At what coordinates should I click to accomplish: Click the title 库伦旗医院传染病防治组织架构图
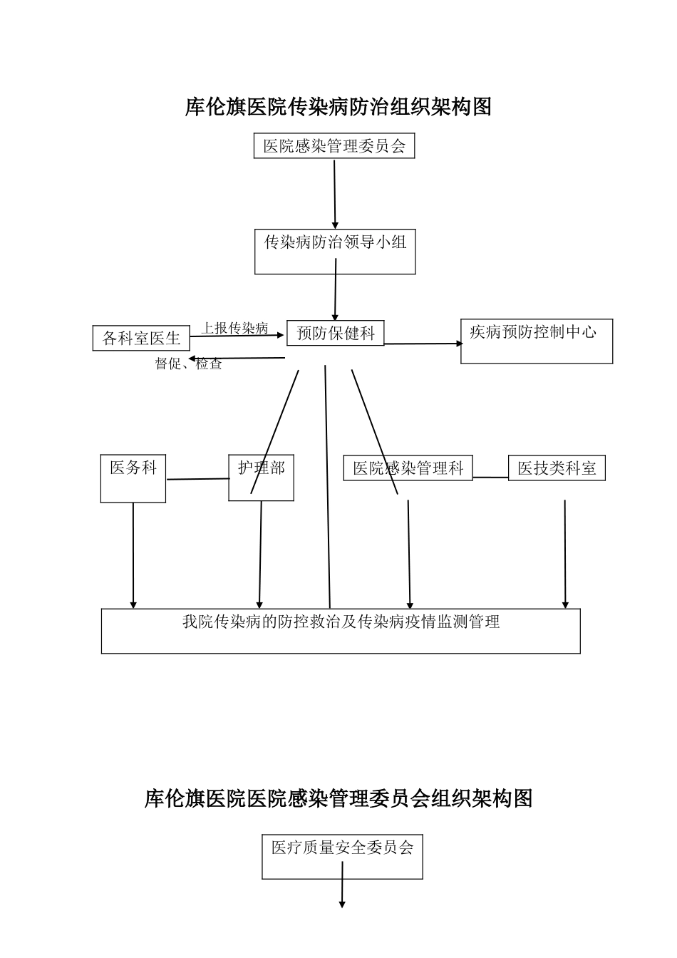338,107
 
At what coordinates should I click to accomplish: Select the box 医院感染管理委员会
334,146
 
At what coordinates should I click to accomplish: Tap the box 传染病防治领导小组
335,251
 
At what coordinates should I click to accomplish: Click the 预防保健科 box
335,333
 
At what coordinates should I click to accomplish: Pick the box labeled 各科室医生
141,338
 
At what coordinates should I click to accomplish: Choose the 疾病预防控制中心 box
536,341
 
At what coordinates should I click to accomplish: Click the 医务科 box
133,478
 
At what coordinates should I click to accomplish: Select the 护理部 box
262,478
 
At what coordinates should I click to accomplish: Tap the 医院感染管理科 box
408,468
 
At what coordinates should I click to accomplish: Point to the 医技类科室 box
557,468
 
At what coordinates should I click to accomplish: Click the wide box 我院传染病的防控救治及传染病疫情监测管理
341,630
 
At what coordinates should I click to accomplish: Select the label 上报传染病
234,328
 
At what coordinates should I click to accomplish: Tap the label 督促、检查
189,364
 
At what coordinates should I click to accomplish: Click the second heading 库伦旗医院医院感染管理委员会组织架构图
338,798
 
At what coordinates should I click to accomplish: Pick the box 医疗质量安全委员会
342,856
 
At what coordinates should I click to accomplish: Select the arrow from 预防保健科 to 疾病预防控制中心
423,344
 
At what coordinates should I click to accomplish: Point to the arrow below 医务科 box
133,556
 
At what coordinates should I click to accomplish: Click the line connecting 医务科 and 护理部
197,479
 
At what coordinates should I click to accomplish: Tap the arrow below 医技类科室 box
565,554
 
